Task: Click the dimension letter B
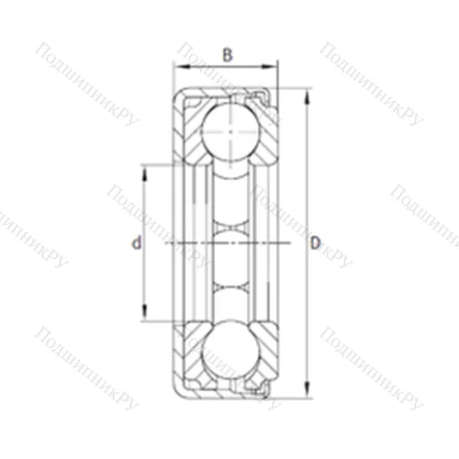tap(227, 53)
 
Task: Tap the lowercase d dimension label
tap(136, 243)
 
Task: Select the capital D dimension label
tap(314, 243)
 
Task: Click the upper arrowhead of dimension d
tap(143, 168)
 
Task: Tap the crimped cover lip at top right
tap(267, 95)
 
